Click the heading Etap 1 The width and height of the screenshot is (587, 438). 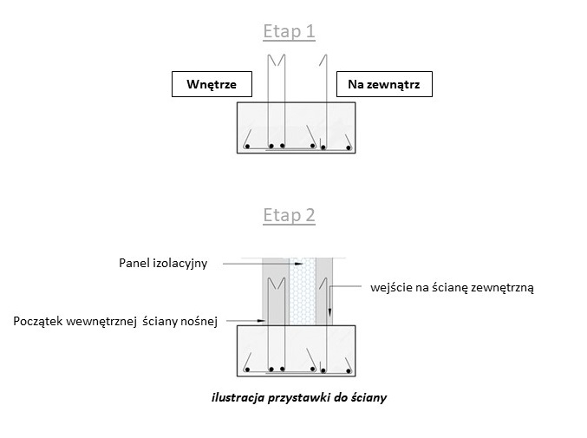point(290,32)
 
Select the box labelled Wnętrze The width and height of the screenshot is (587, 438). point(212,84)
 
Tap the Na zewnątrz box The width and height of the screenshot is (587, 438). point(383,84)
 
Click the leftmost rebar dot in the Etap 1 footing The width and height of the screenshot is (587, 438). point(248,146)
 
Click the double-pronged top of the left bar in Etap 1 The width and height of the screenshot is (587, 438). point(277,61)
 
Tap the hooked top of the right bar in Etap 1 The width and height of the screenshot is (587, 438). point(323,61)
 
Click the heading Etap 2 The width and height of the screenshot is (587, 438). point(290,216)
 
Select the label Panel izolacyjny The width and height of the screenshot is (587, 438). point(163,262)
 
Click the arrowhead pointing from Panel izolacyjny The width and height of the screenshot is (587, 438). point(299,262)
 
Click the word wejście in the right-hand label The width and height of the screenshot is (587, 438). point(391,287)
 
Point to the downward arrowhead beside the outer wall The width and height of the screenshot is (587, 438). point(329,312)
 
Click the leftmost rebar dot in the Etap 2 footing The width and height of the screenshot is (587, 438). point(248,371)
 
